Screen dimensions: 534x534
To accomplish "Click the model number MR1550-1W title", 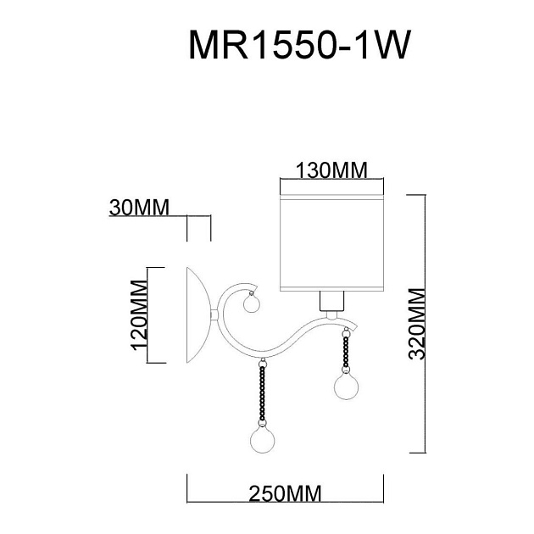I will tap(299, 47).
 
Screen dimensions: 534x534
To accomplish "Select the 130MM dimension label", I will tap(331, 170).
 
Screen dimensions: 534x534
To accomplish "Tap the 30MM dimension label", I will tap(140, 208).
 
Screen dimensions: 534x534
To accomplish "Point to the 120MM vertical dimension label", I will tap(140, 315).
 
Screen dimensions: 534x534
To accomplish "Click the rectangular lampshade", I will tap(332, 242).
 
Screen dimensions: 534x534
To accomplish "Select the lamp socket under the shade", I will tap(332, 301).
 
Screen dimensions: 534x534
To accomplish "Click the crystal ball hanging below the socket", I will tap(346, 387).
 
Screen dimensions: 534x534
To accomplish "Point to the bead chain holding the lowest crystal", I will tap(263, 390).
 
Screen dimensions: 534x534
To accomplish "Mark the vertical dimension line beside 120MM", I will tap(148, 315).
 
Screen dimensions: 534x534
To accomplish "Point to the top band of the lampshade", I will tap(332, 192).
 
